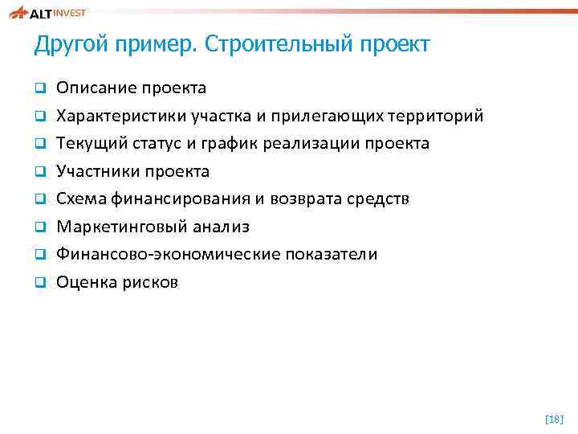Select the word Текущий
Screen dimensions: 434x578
[90, 144]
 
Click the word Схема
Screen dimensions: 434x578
[79, 199]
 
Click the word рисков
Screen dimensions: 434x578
[150, 283]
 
